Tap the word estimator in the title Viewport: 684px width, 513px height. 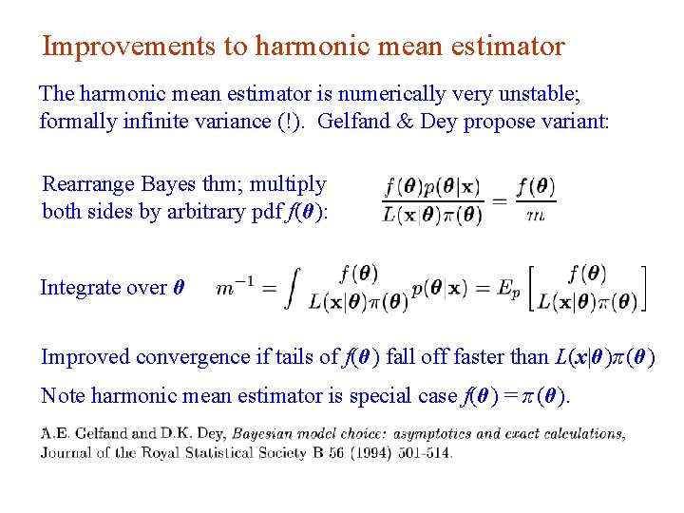click(x=503, y=46)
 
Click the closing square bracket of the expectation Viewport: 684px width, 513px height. click(x=644, y=288)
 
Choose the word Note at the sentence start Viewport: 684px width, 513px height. click(x=61, y=396)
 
